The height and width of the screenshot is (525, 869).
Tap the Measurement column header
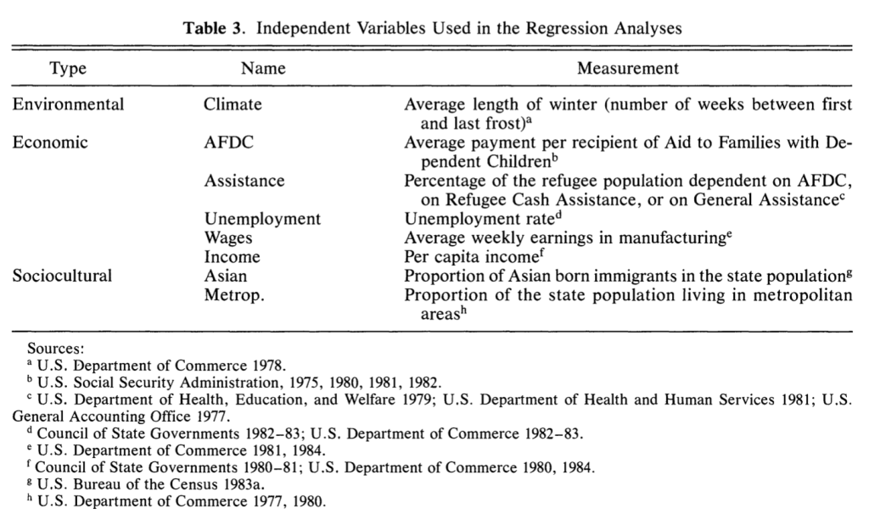click(627, 69)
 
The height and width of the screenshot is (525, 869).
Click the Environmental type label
click(68, 105)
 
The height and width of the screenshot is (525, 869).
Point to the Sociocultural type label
click(62, 276)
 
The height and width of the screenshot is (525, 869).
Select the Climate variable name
click(233, 105)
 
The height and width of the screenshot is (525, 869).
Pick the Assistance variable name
click(244, 181)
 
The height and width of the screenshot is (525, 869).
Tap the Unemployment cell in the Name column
click(262, 219)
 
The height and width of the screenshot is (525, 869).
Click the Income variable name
click(232, 256)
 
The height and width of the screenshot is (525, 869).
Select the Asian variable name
click(226, 276)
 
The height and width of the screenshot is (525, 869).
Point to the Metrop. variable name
click(233, 294)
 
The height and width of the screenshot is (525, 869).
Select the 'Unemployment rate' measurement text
click(474, 219)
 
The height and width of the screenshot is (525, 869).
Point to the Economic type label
click(50, 142)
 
